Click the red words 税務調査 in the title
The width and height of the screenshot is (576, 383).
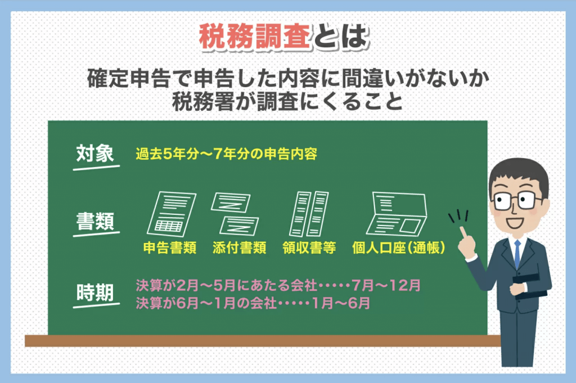tap(255, 37)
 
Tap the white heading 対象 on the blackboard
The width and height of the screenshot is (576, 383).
tap(95, 153)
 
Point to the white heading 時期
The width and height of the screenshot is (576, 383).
tap(95, 292)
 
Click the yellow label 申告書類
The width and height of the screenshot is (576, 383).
tap(170, 248)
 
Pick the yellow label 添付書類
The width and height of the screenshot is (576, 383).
tap(239, 248)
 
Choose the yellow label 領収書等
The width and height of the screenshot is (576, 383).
tap(309, 248)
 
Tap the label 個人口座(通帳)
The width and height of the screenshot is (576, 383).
tap(399, 248)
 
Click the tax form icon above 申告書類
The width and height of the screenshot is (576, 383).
tap(171, 213)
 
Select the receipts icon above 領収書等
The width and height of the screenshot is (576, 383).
tap(309, 213)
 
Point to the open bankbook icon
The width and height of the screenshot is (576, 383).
tap(397, 213)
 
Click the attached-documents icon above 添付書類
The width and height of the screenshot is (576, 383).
tap(235, 213)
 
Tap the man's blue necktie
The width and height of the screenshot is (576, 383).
tap(517, 254)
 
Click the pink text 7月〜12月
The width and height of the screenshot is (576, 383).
tap(386, 285)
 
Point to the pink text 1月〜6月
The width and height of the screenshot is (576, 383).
tap(341, 303)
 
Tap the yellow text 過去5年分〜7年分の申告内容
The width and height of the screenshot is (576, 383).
tap(226, 154)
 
